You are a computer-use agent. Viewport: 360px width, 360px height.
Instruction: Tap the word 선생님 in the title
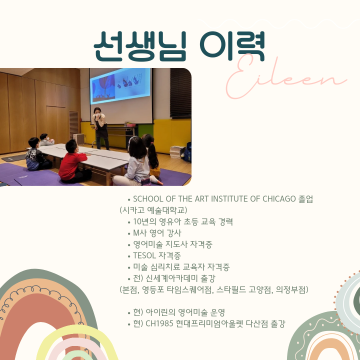(140, 46)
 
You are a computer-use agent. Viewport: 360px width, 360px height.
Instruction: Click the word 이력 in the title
(232, 46)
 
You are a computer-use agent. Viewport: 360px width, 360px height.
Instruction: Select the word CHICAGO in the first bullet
(279, 199)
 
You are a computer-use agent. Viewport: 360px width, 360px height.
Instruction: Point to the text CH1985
(159, 323)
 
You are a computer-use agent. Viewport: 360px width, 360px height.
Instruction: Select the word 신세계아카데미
(171, 278)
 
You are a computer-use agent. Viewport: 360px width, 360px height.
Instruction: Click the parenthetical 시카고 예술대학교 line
(153, 210)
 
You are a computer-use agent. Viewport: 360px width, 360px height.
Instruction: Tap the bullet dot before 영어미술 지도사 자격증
(129, 245)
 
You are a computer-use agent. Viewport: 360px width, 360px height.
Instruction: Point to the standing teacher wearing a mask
(100, 128)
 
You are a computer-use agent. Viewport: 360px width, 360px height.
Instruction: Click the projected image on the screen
(121, 86)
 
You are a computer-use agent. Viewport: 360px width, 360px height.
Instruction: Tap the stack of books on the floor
(177, 152)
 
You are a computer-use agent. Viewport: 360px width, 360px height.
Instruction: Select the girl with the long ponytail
(151, 156)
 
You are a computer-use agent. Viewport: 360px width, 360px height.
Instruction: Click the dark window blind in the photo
(180, 93)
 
